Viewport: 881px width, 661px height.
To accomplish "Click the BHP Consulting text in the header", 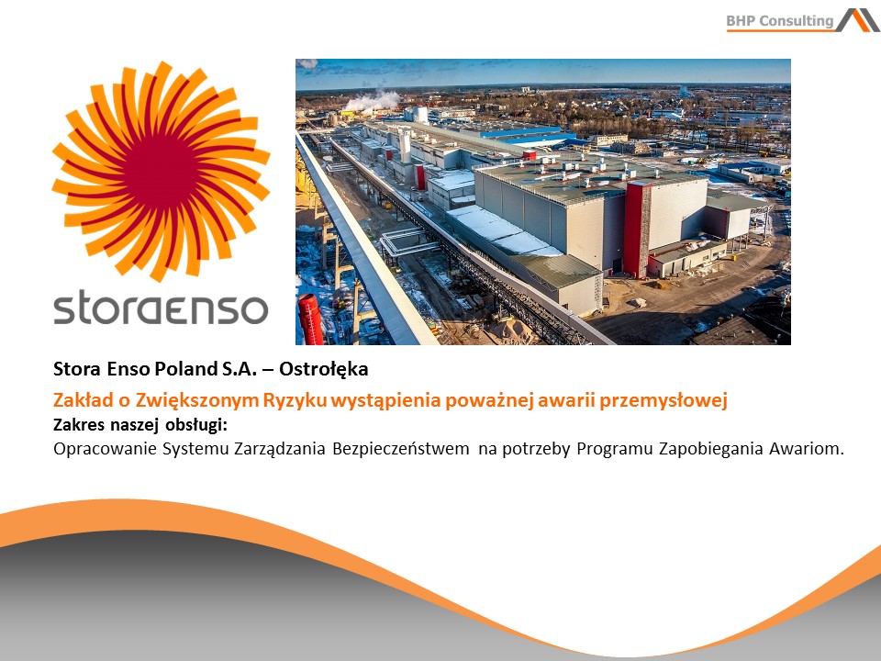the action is point(780,21).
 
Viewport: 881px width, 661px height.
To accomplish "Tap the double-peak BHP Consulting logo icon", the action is point(858,19).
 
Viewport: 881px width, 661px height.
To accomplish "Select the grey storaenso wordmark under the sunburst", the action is point(161,307).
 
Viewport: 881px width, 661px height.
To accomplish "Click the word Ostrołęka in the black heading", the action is point(324,369).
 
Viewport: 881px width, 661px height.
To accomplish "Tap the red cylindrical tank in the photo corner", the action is point(311,319).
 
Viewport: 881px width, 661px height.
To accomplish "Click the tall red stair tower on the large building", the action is point(637,230).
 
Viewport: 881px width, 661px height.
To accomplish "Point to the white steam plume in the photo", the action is point(372,101).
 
